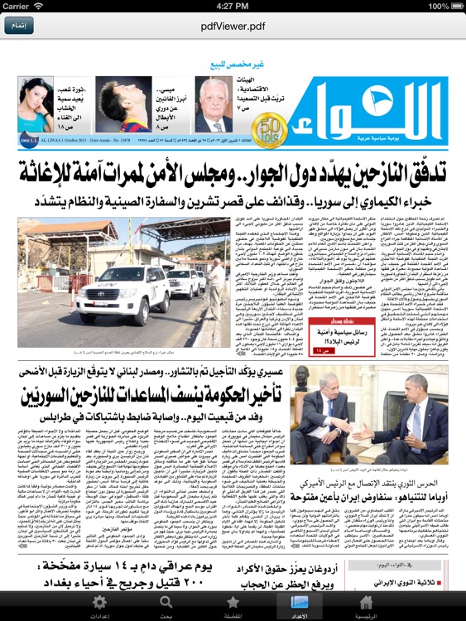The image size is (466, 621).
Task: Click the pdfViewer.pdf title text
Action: [x=233, y=26]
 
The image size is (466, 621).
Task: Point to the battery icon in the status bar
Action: [x=451, y=6]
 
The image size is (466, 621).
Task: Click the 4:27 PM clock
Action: [x=233, y=6]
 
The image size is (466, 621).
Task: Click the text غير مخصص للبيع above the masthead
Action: [x=233, y=65]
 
